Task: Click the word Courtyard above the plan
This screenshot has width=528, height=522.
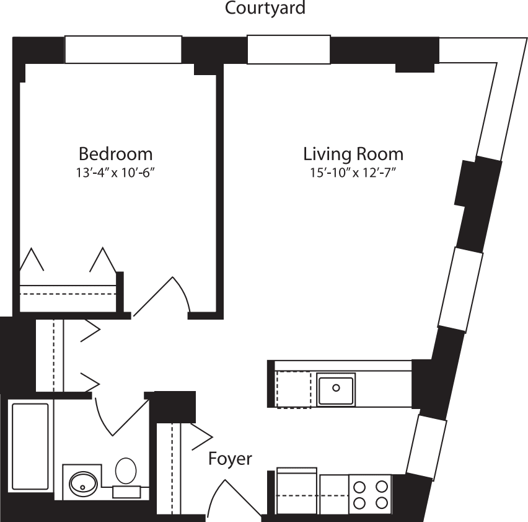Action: point(265,8)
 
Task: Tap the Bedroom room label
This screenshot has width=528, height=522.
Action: point(115,153)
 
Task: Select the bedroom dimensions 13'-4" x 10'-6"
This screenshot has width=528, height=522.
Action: point(115,173)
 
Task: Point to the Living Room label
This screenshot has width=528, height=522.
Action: point(353,153)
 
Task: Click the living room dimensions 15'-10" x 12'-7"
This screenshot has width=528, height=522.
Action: point(353,173)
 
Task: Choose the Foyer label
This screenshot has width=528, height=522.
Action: point(230,459)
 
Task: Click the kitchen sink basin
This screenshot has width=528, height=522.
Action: point(336,389)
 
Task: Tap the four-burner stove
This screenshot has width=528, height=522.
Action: point(370,494)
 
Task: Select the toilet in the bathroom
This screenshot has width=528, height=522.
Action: point(126,470)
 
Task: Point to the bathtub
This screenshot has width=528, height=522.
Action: point(30,447)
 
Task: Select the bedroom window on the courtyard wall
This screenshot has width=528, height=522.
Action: point(123,50)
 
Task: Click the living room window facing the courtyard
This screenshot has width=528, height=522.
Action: point(288,50)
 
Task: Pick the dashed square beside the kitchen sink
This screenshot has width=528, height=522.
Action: point(294,389)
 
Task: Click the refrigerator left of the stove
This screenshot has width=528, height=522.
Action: point(296,492)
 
